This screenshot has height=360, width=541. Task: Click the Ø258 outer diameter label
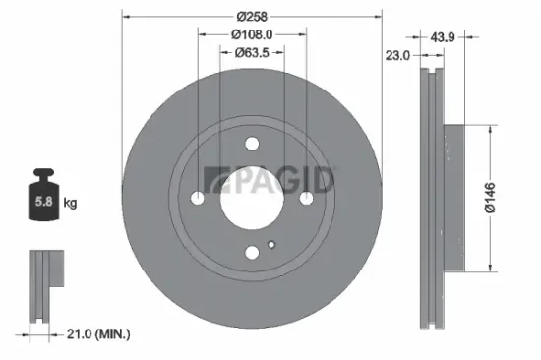(251, 17)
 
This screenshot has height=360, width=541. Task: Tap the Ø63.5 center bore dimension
(251, 52)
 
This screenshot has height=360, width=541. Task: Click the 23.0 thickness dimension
(396, 56)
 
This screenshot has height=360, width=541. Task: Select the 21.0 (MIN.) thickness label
(92, 335)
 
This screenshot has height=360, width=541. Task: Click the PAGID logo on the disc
(268, 180)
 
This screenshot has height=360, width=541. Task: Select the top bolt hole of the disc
(252, 143)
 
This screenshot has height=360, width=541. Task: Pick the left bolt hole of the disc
(198, 199)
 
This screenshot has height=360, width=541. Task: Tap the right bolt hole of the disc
(308, 199)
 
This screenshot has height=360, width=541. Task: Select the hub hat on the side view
(452, 197)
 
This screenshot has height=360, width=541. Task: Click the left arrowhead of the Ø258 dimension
(126, 17)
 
